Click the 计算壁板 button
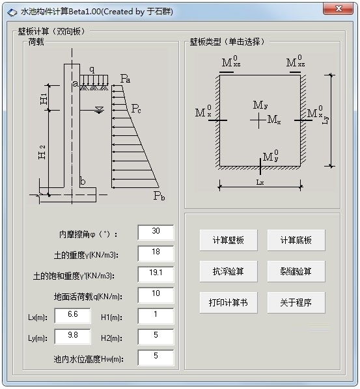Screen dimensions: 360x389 (228, 240)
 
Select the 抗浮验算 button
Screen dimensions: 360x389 (228, 271)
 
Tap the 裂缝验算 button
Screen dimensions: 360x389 (296, 271)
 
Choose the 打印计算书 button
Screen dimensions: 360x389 (228, 302)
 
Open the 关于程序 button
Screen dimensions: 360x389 (296, 302)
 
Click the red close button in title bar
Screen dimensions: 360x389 (338, 9)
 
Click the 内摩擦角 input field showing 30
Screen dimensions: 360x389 (156, 232)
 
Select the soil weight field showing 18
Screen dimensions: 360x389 (156, 253)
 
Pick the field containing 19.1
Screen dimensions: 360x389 (156, 274)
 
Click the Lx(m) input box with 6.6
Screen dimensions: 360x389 (73, 315)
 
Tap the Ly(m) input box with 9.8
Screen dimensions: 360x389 (73, 337)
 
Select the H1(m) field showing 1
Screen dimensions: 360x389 (156, 315)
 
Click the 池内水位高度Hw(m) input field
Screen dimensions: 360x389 (156, 358)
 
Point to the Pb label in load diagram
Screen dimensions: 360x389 (159, 196)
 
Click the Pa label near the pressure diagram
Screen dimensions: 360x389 (125, 79)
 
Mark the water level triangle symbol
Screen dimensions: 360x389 (100, 110)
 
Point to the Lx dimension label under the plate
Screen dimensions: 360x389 (260, 183)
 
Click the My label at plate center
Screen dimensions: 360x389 (260, 105)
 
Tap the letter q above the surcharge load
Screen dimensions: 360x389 (92, 70)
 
